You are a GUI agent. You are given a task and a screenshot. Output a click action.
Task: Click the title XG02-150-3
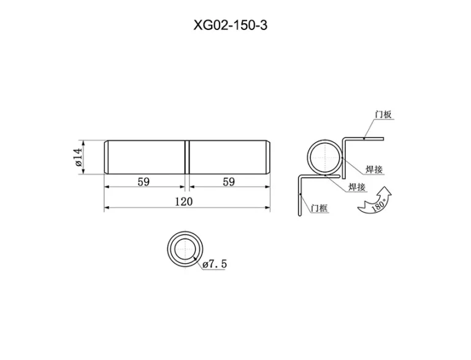pos(231,25)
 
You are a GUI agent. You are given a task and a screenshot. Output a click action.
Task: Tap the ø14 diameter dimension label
pos(78,157)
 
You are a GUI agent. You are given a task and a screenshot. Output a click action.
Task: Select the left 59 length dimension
pos(144,182)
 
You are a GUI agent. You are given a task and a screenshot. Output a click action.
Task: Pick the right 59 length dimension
pos(229,182)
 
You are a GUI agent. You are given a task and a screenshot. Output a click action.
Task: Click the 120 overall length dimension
pos(184,201)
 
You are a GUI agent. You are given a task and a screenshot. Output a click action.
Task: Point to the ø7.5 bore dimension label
pos(215,264)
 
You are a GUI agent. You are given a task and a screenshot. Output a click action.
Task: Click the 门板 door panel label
pos(383,115)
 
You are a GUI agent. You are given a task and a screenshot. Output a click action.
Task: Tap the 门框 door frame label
pos(320,208)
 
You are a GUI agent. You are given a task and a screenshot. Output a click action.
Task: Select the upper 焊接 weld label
pos(374,169)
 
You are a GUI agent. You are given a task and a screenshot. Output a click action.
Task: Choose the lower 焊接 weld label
pos(357,187)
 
